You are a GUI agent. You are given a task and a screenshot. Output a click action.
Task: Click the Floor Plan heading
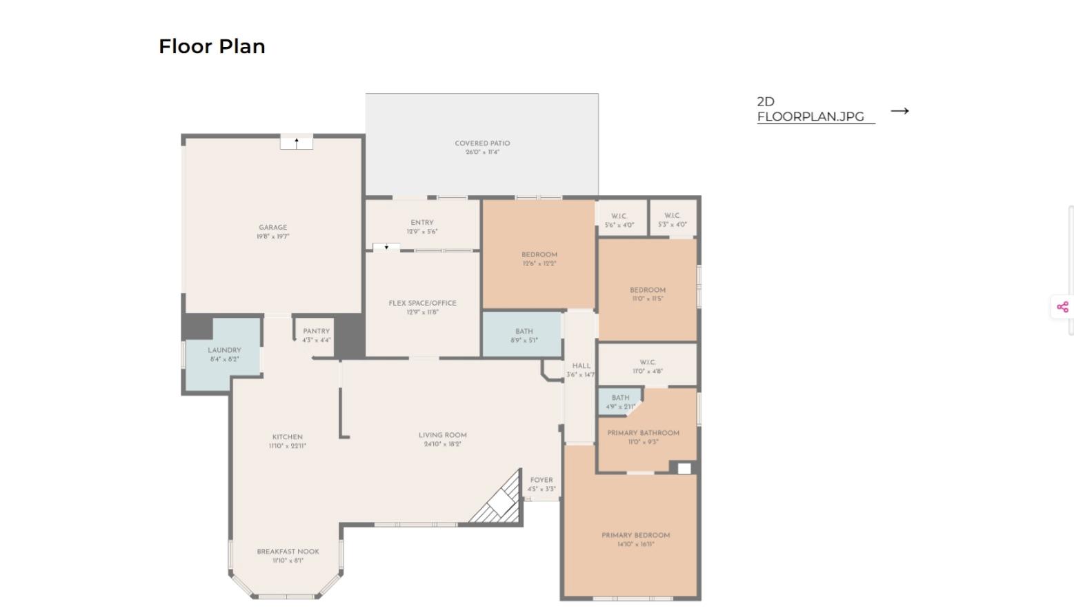(x=212, y=46)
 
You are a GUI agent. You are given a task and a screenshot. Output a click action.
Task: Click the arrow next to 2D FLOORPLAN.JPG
(x=899, y=110)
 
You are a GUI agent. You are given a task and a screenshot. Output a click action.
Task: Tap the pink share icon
(x=1062, y=307)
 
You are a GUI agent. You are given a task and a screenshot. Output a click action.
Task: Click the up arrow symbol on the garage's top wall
(x=297, y=142)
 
